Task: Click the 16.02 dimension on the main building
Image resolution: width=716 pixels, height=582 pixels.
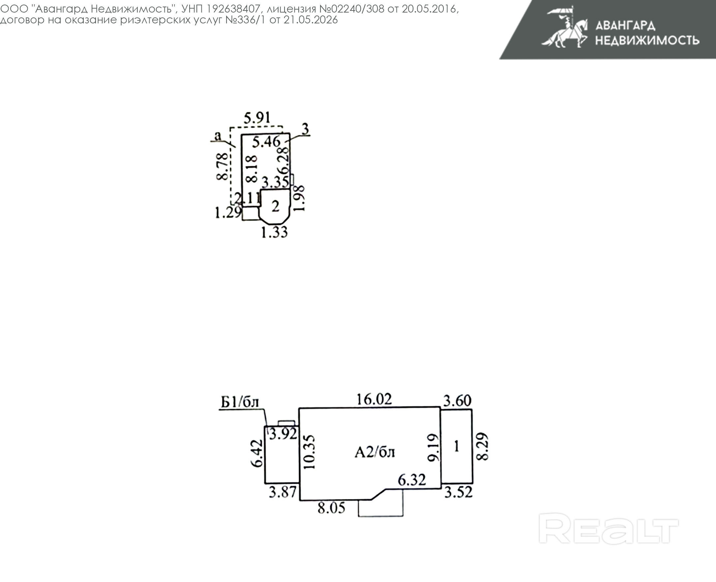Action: tap(374, 399)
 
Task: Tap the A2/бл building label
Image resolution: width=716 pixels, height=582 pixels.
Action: tap(374, 453)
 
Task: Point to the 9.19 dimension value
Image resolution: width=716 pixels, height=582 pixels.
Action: tap(433, 448)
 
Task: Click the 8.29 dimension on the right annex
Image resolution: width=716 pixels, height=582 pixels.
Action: tap(482, 447)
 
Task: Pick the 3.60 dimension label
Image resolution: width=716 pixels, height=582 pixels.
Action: tap(457, 401)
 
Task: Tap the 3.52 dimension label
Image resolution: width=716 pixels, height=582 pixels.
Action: tap(459, 492)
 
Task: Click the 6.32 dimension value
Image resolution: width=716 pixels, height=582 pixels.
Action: tap(412, 480)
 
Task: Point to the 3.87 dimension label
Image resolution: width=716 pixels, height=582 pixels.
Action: tap(283, 492)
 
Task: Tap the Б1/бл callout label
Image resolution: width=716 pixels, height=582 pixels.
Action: tap(240, 402)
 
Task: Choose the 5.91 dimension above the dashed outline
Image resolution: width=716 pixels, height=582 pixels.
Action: tap(257, 118)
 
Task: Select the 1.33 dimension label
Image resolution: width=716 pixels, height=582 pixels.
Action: tap(275, 232)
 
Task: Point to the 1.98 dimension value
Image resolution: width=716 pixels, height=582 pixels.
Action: tap(299, 198)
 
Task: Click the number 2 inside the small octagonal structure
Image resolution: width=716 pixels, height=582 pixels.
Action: tap(275, 206)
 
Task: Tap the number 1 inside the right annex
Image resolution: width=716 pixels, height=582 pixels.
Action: tap(456, 446)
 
